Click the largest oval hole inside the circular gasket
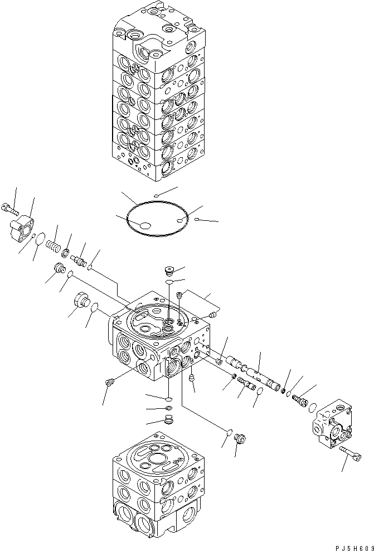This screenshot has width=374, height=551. coord(145,225)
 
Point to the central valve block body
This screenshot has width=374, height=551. coord(162,340)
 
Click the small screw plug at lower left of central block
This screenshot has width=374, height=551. coord(109,383)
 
